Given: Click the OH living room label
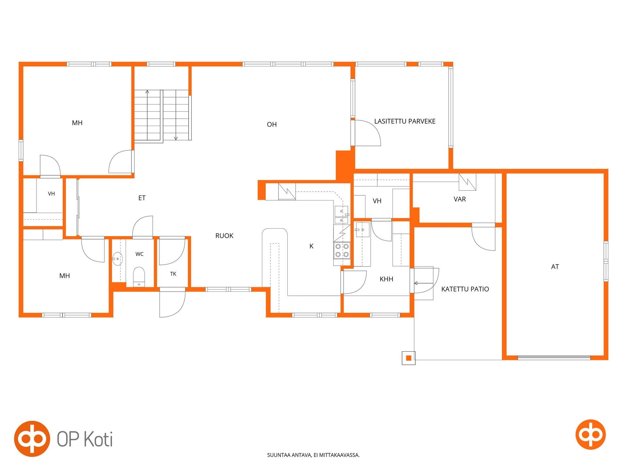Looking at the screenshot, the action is [x=272, y=124].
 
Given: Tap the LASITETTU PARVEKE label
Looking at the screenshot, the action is [x=405, y=121].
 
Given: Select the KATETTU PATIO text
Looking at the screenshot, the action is [x=465, y=289].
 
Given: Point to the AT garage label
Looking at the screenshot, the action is [x=555, y=267].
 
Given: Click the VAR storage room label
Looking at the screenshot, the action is [x=459, y=199].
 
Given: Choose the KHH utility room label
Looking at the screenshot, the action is [x=386, y=279].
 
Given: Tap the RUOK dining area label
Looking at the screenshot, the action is [x=224, y=236].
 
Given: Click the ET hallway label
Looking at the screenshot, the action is [x=142, y=198].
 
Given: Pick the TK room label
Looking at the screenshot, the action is [x=173, y=274].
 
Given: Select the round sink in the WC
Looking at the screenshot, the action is [x=117, y=259].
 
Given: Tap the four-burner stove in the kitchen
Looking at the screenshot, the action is [x=342, y=250].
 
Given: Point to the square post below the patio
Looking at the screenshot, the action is [x=409, y=358].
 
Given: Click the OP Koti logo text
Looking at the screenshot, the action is [x=85, y=439].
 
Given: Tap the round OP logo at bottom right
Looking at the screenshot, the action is [x=590, y=434].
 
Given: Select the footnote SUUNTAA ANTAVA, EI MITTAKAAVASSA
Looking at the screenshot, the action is [x=313, y=455].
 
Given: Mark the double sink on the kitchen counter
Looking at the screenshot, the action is [x=341, y=215].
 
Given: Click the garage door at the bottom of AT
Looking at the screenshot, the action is [x=554, y=358].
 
